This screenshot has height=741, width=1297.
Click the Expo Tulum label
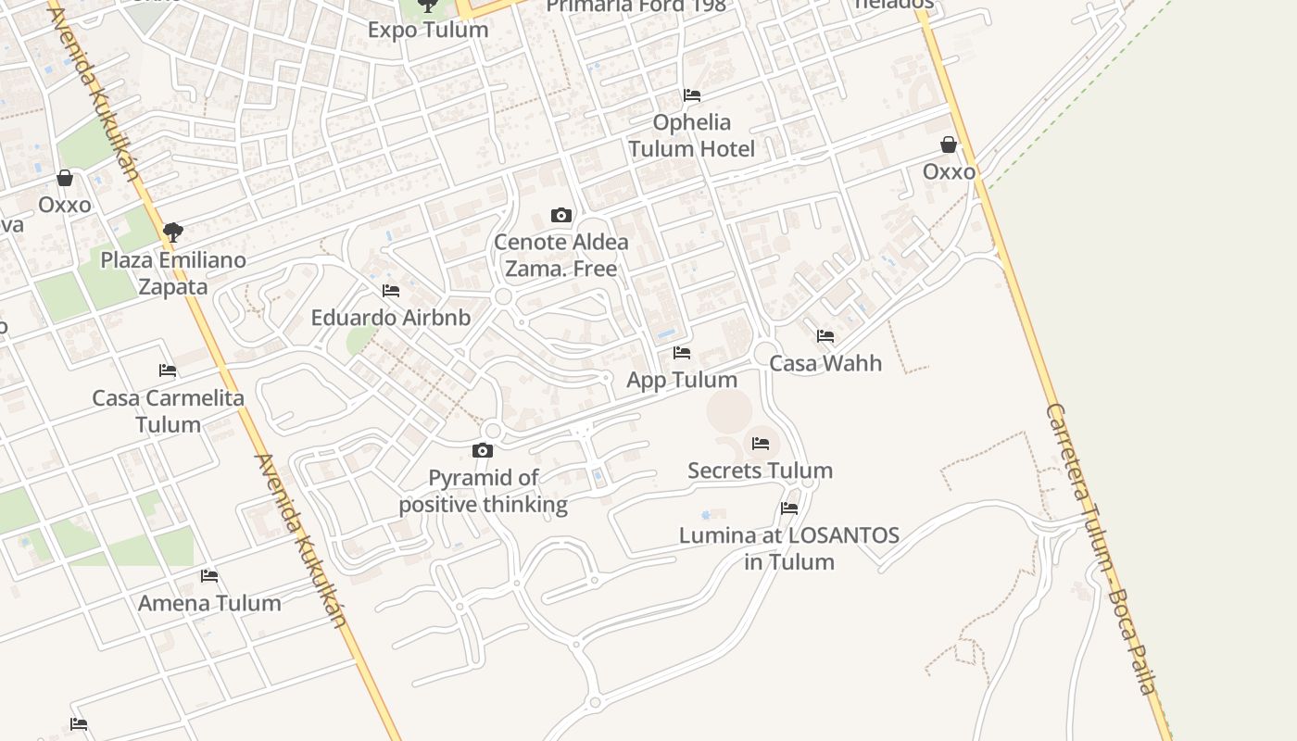point(428,30)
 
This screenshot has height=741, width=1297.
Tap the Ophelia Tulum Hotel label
point(691,135)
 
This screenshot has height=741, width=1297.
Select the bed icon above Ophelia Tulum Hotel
point(691,95)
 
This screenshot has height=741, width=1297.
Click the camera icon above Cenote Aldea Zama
point(561,216)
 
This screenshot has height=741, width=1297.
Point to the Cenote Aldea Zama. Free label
point(561,255)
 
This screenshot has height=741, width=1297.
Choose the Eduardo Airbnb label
point(391,318)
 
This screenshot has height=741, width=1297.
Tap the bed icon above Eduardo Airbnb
point(391,291)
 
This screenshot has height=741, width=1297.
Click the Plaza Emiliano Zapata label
point(173,273)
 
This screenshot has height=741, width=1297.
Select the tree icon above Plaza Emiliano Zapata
point(173,232)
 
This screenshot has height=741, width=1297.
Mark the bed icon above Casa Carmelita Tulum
point(168,370)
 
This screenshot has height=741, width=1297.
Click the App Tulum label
point(682,380)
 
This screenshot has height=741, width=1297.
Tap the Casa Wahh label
point(825,363)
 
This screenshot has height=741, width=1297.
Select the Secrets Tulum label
point(760,471)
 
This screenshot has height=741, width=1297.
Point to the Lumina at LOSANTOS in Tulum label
point(789,548)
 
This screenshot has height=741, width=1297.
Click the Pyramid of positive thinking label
point(484,491)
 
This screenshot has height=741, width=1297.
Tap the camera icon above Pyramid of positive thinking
point(483,451)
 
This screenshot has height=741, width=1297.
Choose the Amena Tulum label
point(209,603)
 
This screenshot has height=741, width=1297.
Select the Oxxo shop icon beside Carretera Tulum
point(949,144)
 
